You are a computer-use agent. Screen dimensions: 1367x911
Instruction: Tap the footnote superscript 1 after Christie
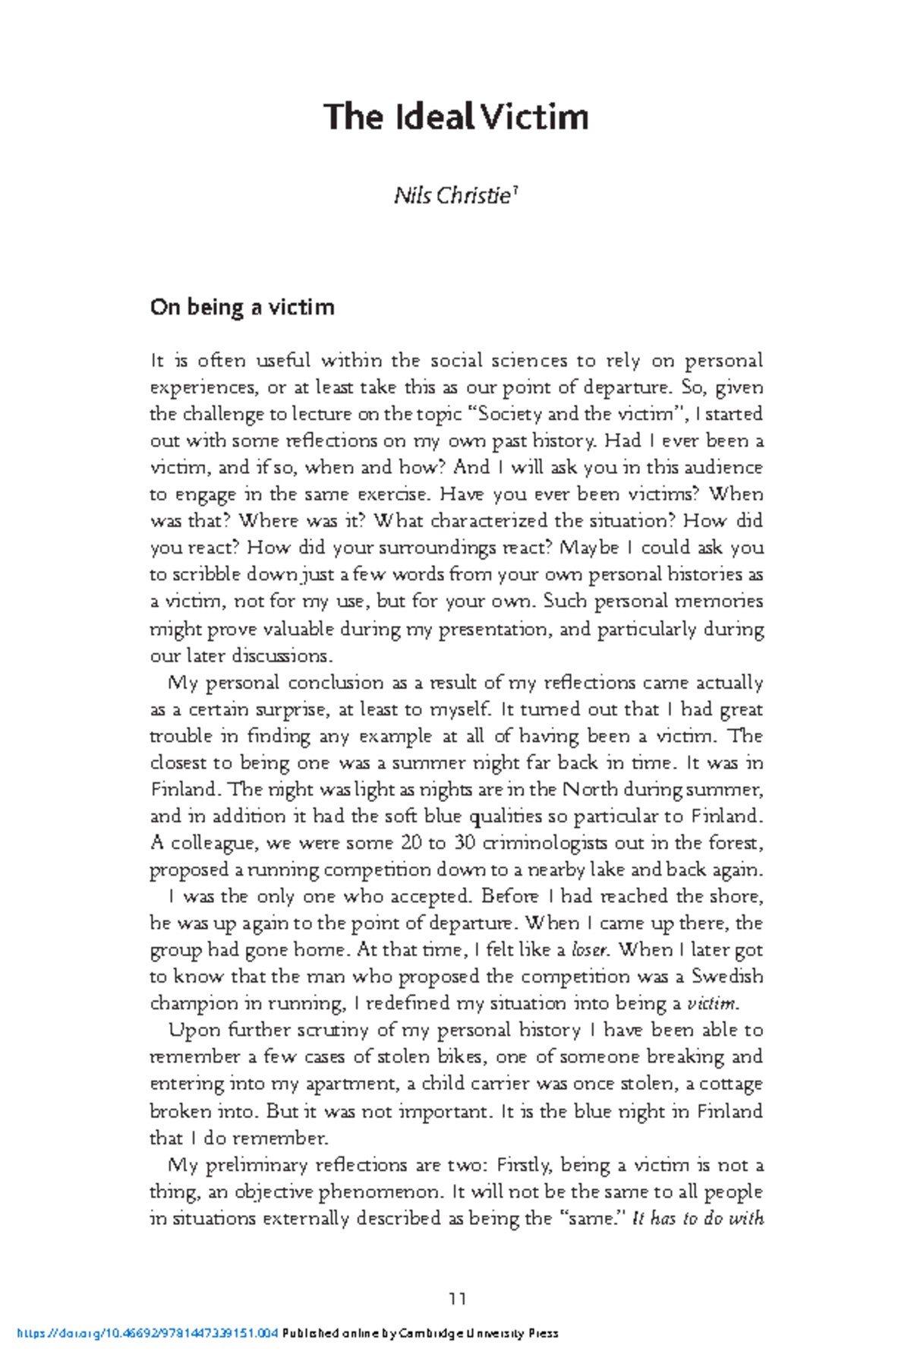pos(515,191)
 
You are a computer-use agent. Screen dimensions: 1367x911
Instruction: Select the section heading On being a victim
pos(242,308)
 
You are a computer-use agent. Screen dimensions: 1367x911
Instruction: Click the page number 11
pos(457,1299)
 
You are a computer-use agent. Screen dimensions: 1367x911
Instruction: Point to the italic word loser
pos(591,950)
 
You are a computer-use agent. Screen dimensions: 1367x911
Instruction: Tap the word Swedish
pos(727,977)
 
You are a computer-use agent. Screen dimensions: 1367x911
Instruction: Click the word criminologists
pos(545,843)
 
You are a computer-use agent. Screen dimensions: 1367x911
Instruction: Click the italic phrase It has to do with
pos(698,1219)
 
